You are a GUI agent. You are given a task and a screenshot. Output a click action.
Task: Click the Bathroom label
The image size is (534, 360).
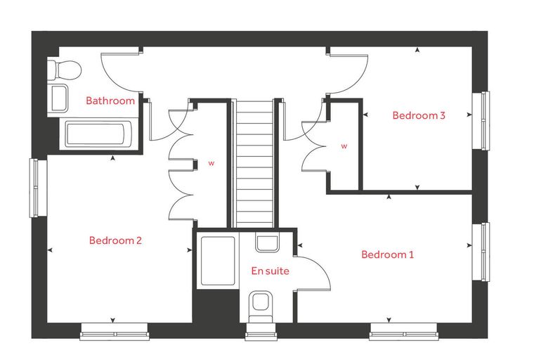pos(110,101)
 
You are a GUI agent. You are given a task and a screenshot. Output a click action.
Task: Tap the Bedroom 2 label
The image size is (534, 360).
pos(115,240)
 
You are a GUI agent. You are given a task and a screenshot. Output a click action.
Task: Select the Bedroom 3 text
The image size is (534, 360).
pos(419,115)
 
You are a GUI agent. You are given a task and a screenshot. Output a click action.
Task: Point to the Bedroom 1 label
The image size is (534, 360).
pos(388,255)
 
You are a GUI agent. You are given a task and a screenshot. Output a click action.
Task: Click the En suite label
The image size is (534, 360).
pos(270,271)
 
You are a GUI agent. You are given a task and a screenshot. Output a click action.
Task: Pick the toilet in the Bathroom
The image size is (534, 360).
pos(65,70)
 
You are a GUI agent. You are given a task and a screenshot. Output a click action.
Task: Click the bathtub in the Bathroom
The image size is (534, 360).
pos(96,134)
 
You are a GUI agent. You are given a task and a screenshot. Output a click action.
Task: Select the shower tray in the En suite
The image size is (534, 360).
pos(218,261)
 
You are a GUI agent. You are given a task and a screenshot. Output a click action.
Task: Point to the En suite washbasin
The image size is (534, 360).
pos(267,243)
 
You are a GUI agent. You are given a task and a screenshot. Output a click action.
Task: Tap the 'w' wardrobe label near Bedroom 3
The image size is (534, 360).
pos(344,146)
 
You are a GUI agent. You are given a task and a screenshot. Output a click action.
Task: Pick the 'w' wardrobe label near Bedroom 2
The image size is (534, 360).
pos(211,163)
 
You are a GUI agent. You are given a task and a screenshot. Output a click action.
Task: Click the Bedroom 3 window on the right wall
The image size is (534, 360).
pos(481,121)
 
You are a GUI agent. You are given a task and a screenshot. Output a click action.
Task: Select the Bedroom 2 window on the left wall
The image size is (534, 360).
pos(38,188)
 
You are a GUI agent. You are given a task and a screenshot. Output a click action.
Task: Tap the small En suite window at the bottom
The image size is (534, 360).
pos(261,332)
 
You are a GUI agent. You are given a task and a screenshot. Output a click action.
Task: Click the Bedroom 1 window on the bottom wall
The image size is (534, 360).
pos(403,332)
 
